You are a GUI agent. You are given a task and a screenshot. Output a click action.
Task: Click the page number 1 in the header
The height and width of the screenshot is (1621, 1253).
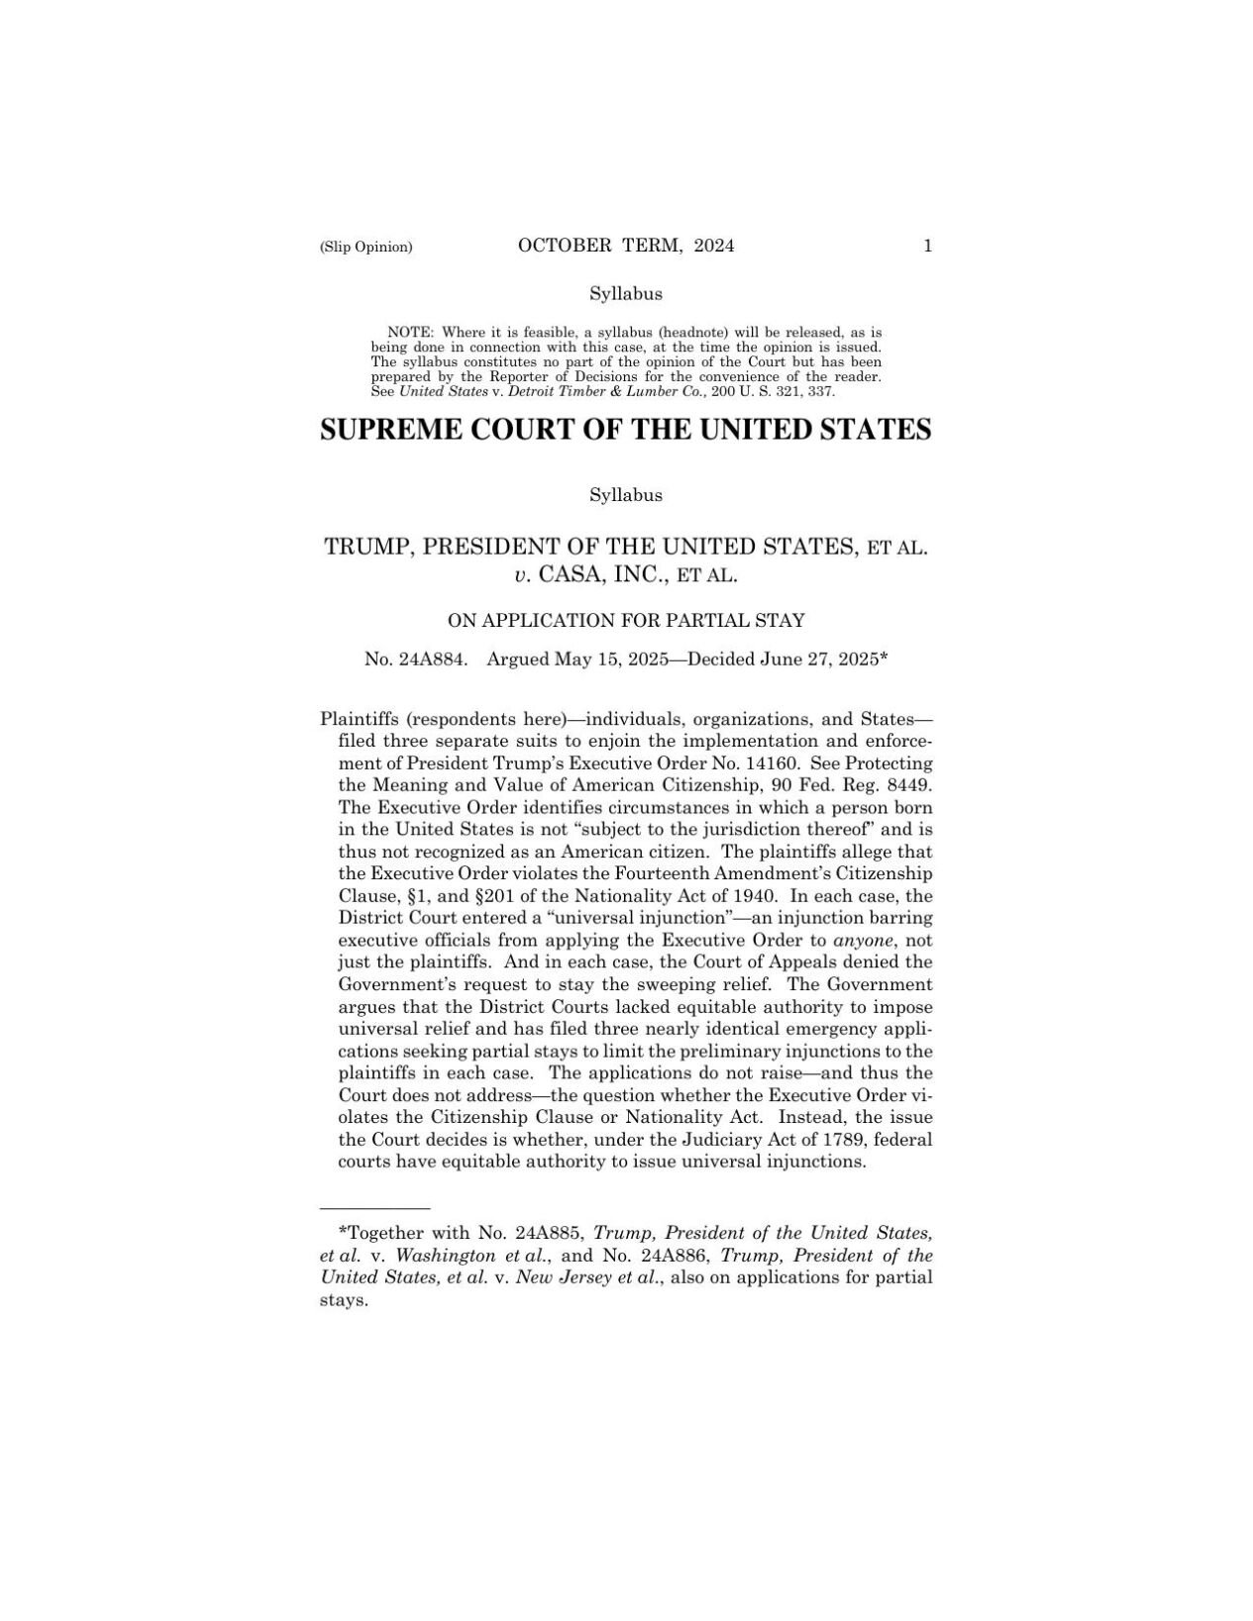point(927,247)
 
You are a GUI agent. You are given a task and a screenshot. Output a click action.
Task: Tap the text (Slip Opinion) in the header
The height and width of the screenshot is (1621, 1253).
point(365,248)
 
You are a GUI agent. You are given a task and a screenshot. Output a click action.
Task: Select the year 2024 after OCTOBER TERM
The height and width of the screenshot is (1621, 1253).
point(714,247)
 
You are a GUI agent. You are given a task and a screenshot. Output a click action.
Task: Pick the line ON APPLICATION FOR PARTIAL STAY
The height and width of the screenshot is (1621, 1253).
point(626,621)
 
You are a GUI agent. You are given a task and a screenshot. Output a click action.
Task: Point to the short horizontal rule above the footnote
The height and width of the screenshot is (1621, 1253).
point(374,1209)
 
